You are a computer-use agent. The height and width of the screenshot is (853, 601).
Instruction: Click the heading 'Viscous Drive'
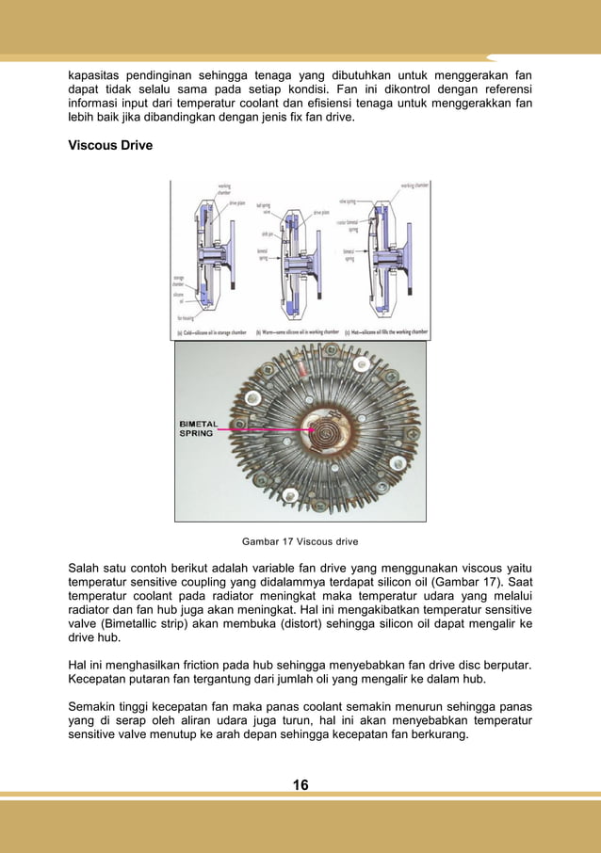click(110, 147)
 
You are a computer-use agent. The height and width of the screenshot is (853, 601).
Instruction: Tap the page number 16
click(300, 785)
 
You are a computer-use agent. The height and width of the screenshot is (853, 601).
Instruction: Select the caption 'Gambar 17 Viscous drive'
click(300, 541)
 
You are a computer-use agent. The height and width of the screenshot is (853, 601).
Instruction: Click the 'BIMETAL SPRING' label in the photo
click(197, 428)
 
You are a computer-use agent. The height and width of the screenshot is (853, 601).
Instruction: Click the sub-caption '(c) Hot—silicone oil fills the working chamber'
click(385, 332)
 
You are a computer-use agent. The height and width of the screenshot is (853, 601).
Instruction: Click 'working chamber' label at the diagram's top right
click(412, 185)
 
